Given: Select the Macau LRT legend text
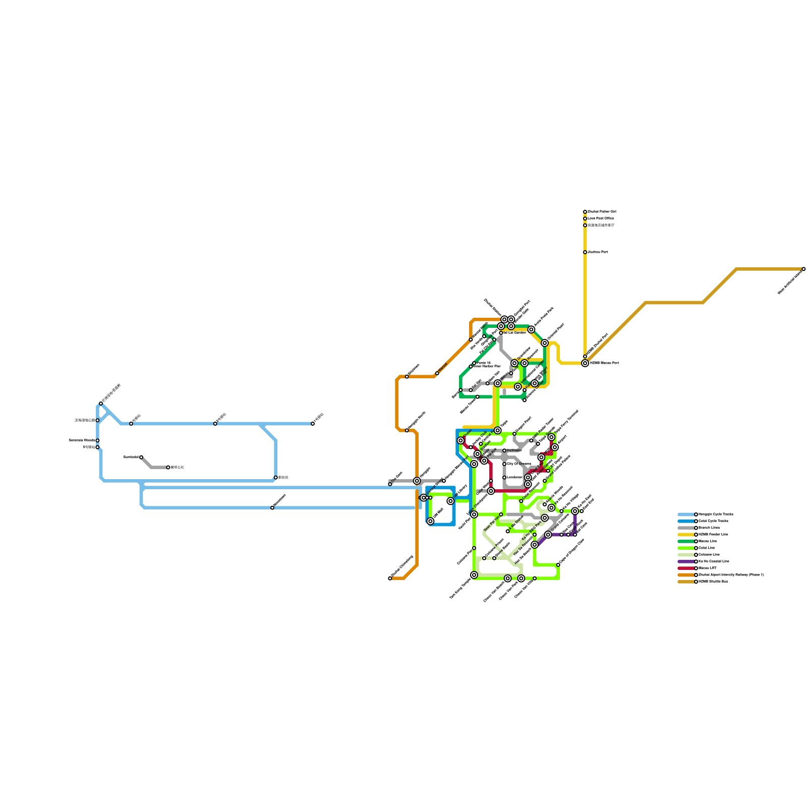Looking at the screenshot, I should coord(707,568).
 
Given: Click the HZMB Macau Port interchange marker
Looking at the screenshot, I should coord(585,363).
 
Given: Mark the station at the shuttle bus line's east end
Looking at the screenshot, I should coord(803,269).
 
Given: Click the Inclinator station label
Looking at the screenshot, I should coord(514,450).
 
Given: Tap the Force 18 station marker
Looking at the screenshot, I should coord(474,363).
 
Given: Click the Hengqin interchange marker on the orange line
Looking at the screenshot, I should coord(417,481).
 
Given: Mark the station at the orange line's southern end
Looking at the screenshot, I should coord(390,579).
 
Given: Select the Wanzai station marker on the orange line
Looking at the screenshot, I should coord(437,373).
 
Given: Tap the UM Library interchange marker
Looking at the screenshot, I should coord(450,501).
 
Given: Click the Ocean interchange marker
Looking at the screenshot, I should coord(460,441).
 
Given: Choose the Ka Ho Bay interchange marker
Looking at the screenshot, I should coord(575,511).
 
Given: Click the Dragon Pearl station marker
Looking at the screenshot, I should coord(514,434).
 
